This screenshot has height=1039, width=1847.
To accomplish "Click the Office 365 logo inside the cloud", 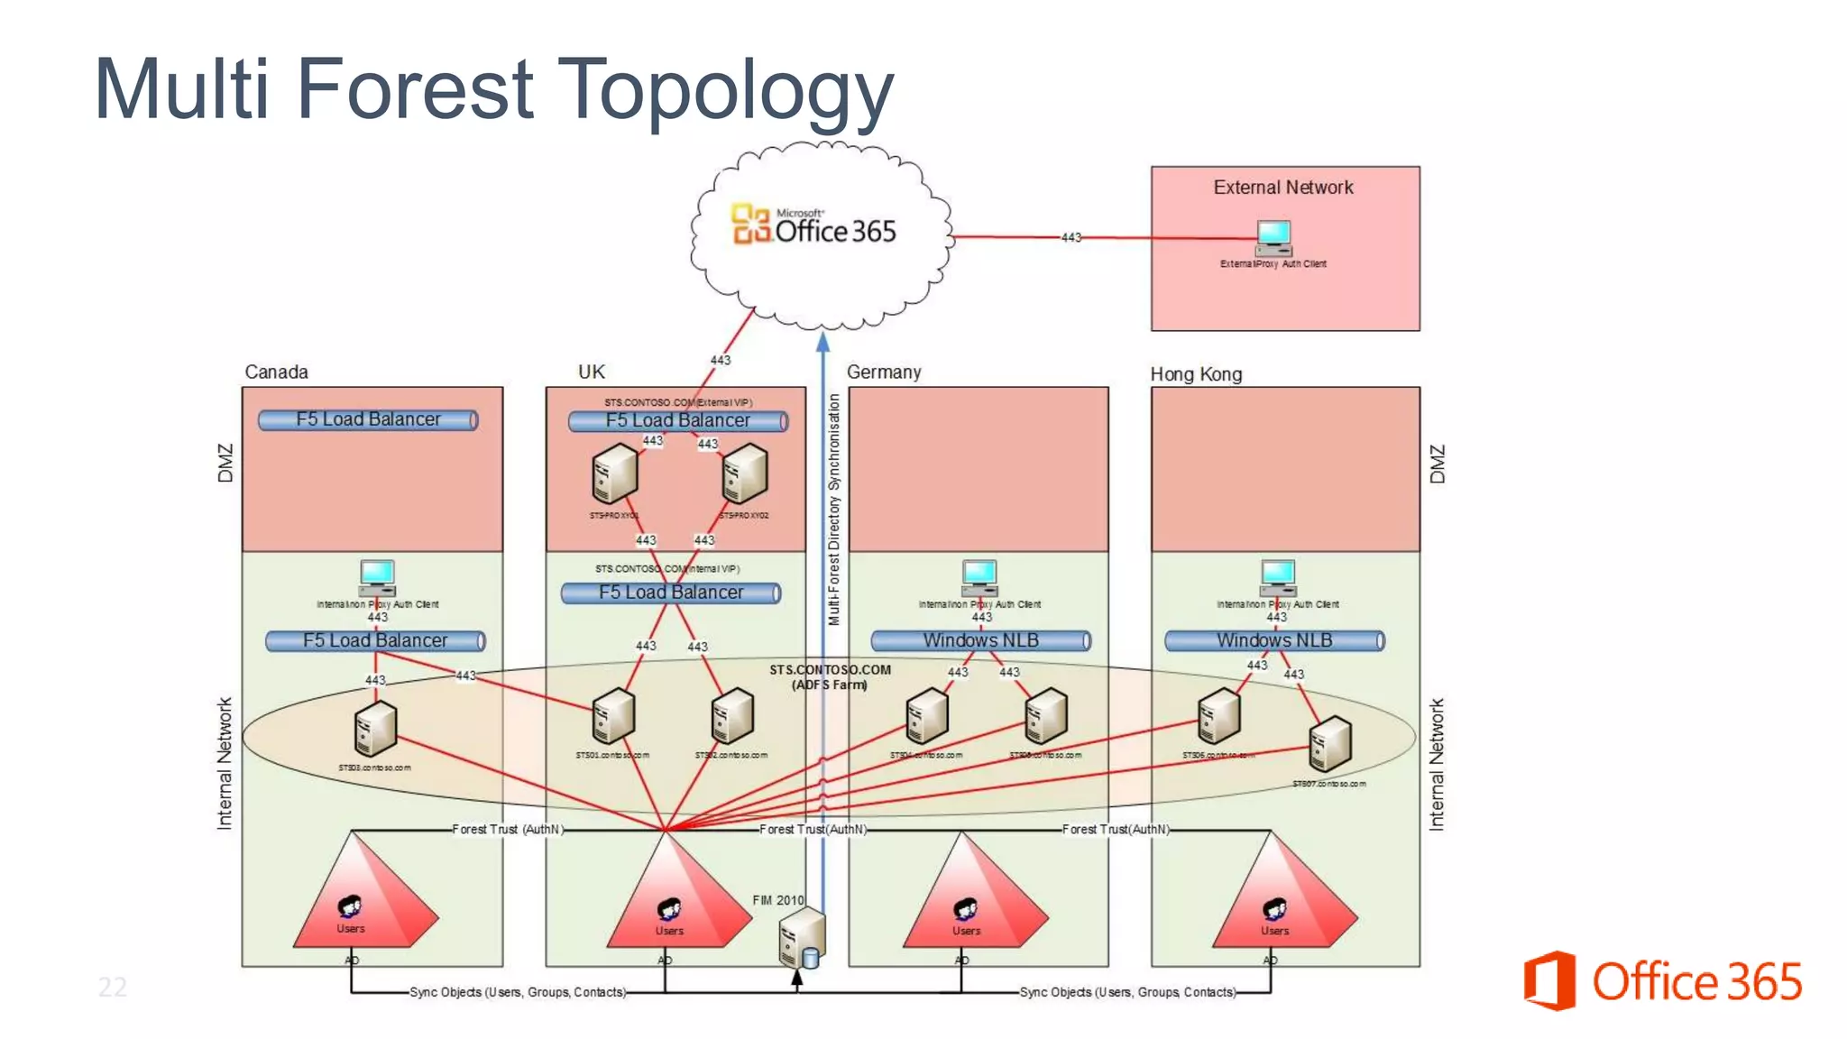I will [813, 225].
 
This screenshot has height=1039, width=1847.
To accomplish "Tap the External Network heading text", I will [1282, 188].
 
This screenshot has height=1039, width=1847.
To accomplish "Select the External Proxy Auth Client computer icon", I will [1273, 238].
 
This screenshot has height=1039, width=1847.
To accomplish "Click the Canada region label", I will [276, 372].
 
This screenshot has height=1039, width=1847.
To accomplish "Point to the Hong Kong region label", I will [1196, 374].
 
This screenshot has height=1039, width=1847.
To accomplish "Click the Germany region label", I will [884, 372].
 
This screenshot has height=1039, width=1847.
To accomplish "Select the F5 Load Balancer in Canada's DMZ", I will [368, 419].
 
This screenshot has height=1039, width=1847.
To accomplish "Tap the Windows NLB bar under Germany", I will [981, 640].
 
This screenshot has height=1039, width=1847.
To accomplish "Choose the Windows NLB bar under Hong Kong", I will [1274, 640].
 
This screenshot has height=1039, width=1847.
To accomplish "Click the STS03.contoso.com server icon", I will [375, 729].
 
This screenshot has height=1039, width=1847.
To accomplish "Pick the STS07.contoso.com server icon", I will [1329, 744].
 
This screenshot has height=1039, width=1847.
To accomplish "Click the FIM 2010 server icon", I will [801, 938].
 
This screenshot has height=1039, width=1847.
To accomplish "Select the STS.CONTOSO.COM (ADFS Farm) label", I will [830, 676].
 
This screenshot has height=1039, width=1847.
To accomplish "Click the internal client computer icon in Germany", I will [979, 577].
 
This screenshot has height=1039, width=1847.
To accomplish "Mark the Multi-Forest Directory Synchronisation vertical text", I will [834, 510].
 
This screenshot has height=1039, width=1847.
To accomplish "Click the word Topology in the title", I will [725, 90].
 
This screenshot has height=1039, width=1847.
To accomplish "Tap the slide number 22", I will [113, 987].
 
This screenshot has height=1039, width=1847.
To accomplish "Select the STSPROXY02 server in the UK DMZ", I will [745, 474].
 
